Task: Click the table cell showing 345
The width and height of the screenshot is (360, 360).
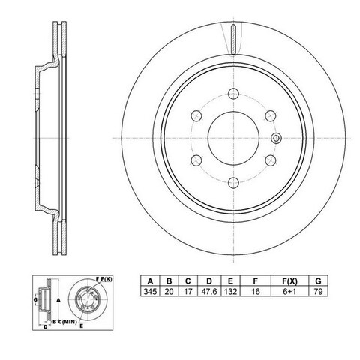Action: (150, 291)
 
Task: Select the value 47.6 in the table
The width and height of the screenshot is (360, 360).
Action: (209, 291)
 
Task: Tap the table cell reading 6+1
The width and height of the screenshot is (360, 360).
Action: (289, 291)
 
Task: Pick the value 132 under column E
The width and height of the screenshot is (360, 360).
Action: (230, 291)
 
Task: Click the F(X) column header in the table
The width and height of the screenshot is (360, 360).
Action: (289, 281)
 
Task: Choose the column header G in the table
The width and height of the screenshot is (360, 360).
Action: (318, 281)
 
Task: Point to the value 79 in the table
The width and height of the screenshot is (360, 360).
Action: (318, 291)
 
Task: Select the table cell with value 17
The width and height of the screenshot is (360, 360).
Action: (188, 291)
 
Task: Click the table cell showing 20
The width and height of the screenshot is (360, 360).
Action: (169, 291)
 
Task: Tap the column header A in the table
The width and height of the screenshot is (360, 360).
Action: (150, 281)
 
